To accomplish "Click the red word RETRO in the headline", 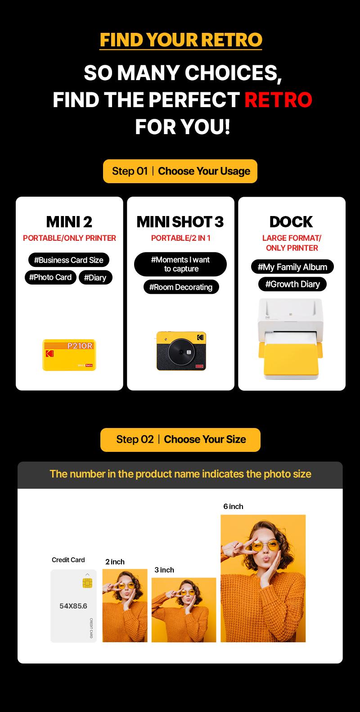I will click(x=278, y=99).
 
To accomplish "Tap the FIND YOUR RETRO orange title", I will click(x=180, y=40).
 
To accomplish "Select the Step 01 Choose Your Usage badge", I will click(x=180, y=171).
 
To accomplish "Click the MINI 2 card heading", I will click(x=69, y=221).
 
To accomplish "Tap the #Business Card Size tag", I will click(x=69, y=260).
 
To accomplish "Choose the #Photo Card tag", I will click(x=50, y=277).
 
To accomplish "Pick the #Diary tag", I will click(x=95, y=278).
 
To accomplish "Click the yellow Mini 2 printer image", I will click(x=69, y=355).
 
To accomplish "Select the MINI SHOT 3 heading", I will click(x=180, y=221).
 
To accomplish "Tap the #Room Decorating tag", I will click(x=181, y=287).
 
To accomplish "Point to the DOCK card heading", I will click(x=291, y=221).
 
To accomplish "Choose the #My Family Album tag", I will click(x=292, y=267).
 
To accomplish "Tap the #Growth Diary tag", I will click(x=292, y=284).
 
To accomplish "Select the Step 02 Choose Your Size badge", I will click(x=180, y=439).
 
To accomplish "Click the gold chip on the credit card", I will click(x=87, y=583).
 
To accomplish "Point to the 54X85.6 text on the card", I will click(x=73, y=606).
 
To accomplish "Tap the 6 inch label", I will click(x=233, y=506).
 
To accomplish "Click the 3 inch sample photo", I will click(x=184, y=610).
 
